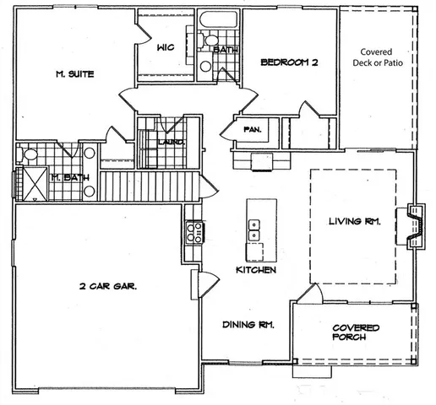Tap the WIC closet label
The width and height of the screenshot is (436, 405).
166,47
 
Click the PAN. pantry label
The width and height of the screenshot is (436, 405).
251,129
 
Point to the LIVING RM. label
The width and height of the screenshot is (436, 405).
354,222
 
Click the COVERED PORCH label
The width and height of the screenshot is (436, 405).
355,332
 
